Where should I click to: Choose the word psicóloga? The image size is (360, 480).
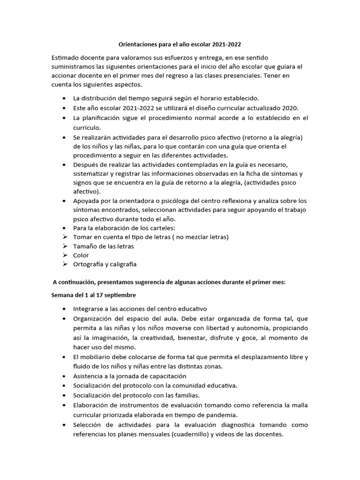click(x=167, y=201)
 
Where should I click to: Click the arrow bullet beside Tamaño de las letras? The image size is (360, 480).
click(x=65, y=246)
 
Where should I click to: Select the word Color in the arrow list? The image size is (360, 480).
click(x=81, y=255)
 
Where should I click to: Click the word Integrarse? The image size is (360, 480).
click(x=89, y=309)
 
